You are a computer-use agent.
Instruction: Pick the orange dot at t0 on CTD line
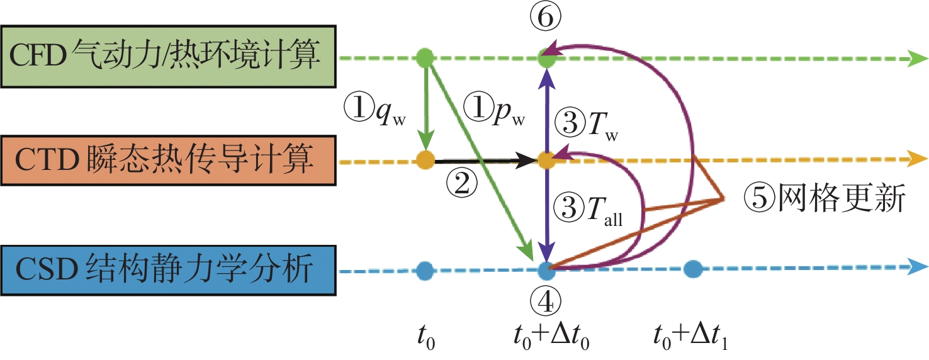pyautogui.click(x=425, y=161)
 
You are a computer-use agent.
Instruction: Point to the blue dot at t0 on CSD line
pyautogui.click(x=425, y=271)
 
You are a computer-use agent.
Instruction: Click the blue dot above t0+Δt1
pyautogui.click(x=693, y=270)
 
